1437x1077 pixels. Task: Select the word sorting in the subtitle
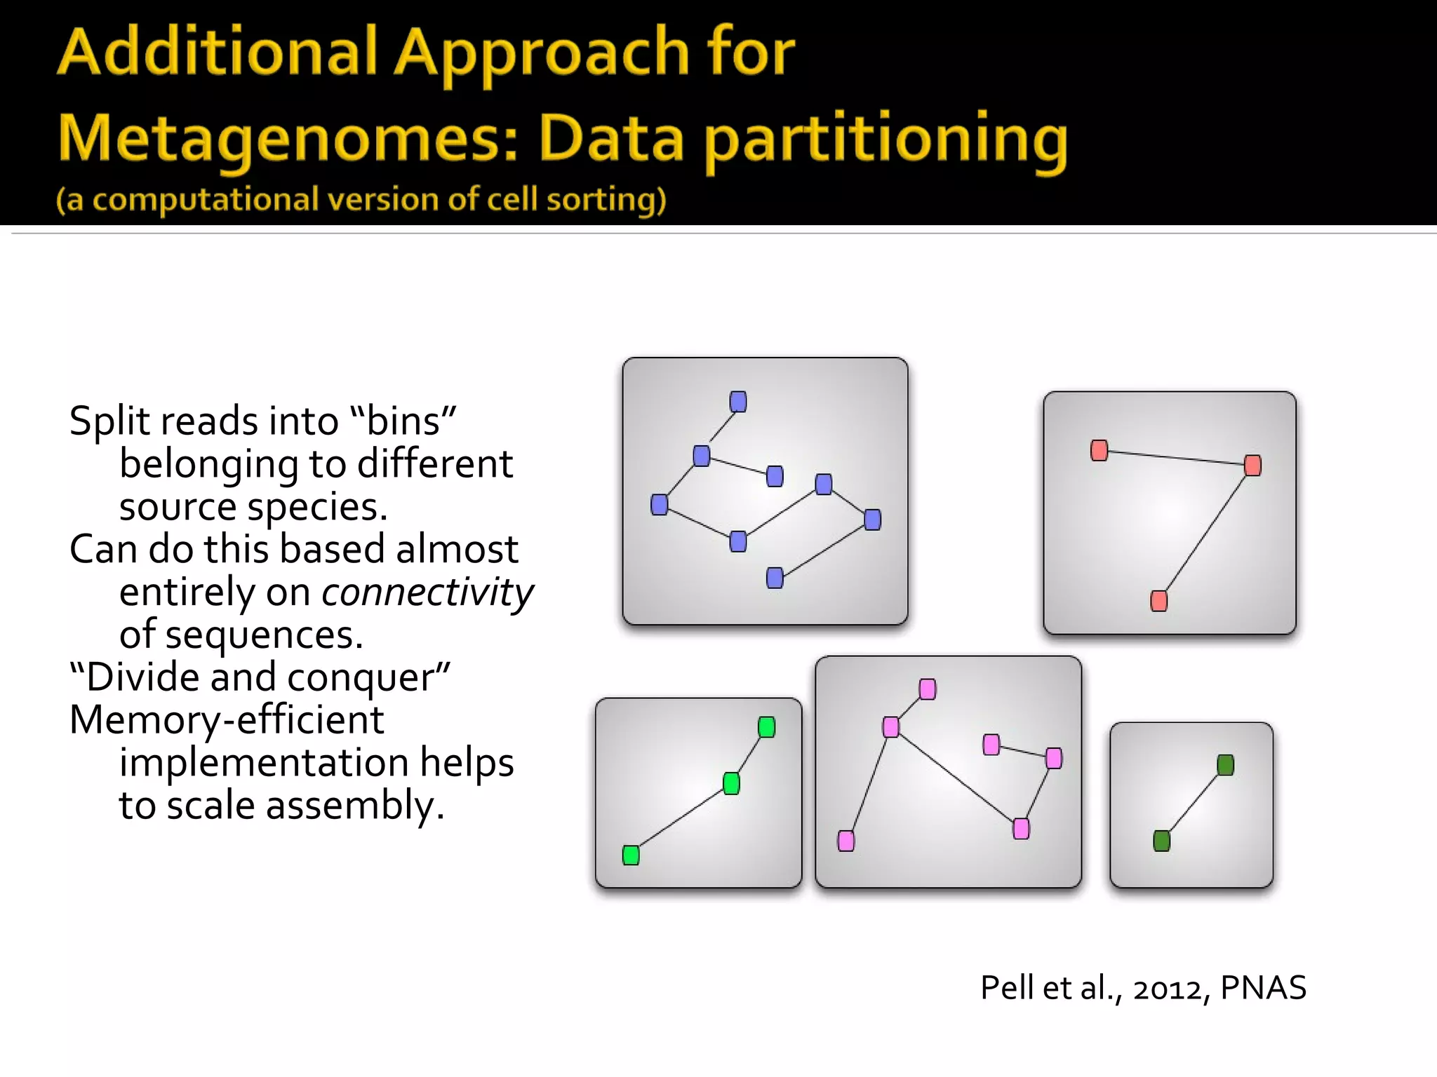point(606,200)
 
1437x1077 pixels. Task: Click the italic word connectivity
point(427,592)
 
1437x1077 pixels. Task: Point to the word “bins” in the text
point(403,422)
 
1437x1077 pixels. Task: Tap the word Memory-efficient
point(227,720)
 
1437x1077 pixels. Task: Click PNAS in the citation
point(1263,988)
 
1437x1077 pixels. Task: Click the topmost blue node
point(738,402)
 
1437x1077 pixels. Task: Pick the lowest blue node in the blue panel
point(775,578)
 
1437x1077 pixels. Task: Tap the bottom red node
point(1159,601)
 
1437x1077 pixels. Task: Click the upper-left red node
point(1100,450)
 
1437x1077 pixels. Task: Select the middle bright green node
point(731,783)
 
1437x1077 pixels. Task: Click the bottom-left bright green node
point(631,855)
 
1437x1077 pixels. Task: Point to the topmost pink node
point(928,689)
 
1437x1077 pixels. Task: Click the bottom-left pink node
point(846,841)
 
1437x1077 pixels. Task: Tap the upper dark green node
point(1226,765)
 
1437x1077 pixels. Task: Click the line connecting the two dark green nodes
point(1194,803)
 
